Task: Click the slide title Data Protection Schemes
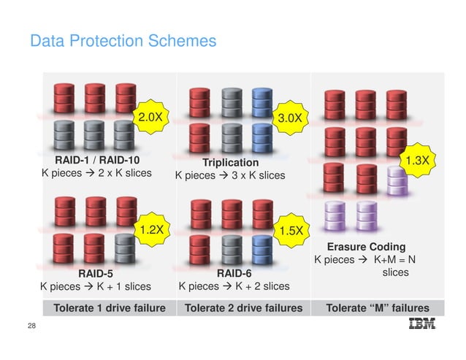pyautogui.click(x=123, y=41)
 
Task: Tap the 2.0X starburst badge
pyautogui.click(x=150, y=117)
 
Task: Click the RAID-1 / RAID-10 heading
pyautogui.click(x=98, y=158)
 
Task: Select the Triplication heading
pyautogui.click(x=231, y=161)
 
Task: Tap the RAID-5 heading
pyautogui.click(x=95, y=272)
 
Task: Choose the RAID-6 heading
pyautogui.click(x=234, y=272)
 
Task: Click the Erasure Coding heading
pyautogui.click(x=366, y=247)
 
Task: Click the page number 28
pyautogui.click(x=31, y=325)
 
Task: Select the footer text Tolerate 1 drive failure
pyautogui.click(x=110, y=308)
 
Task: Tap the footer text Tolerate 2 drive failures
pyautogui.click(x=243, y=308)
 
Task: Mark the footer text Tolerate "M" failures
pyautogui.click(x=378, y=308)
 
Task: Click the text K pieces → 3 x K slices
pyautogui.click(x=230, y=175)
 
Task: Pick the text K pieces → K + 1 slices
pyautogui.click(x=95, y=286)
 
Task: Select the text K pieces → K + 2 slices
pyautogui.click(x=234, y=286)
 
